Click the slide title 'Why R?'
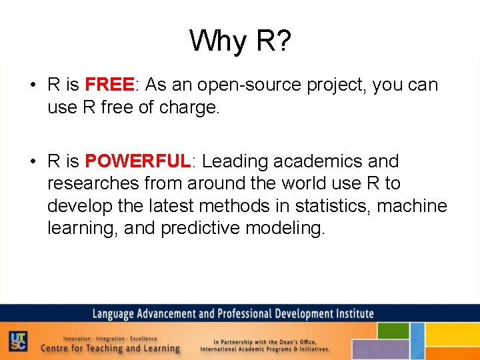click(x=240, y=41)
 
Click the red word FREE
click(x=110, y=85)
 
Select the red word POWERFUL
click(x=138, y=161)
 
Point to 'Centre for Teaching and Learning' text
click(x=110, y=348)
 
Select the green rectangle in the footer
click(x=393, y=331)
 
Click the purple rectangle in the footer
click(x=379, y=349)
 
